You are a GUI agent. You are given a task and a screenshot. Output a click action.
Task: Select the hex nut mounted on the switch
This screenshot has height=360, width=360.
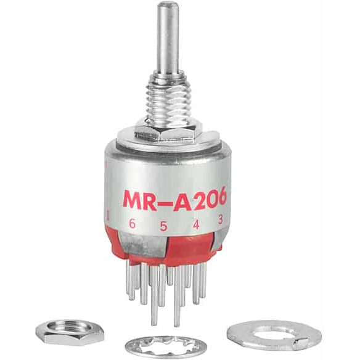tap(168, 131)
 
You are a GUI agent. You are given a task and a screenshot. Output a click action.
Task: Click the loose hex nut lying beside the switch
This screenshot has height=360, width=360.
tap(61, 333)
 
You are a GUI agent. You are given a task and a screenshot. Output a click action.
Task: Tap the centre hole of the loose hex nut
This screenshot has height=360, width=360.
tap(61, 328)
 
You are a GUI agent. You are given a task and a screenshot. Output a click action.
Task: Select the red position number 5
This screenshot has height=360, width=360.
tap(163, 226)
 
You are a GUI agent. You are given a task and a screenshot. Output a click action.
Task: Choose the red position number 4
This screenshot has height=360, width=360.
tap(196, 225)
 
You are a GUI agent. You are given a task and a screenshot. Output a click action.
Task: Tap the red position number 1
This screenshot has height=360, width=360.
tap(108, 215)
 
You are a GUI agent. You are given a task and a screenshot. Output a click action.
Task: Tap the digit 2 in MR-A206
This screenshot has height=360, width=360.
tap(195, 200)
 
